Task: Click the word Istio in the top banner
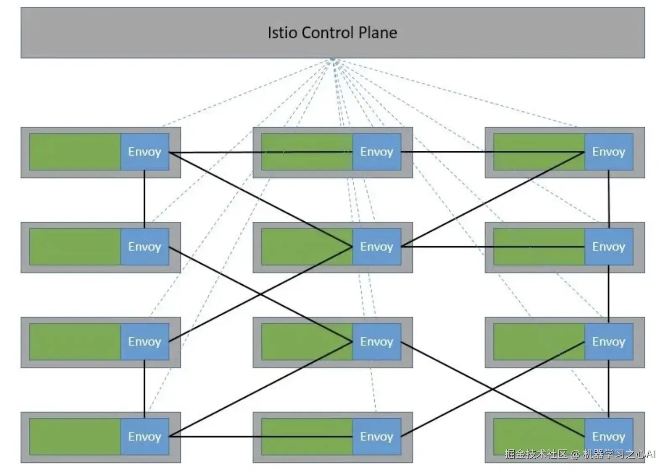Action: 282,33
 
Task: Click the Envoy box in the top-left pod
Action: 145,152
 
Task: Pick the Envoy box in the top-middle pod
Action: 377,152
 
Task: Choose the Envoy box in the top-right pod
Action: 609,152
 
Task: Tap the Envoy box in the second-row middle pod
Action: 377,247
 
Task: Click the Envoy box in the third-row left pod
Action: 145,342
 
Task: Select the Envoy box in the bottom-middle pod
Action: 377,437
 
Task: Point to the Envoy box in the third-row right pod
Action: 609,342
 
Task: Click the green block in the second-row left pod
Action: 75,247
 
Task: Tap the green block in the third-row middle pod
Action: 307,342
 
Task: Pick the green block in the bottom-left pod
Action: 75,437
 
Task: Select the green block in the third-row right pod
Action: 539,342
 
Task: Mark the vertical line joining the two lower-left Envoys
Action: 145,388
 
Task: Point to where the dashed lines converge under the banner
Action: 333,60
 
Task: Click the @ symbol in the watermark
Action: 575,454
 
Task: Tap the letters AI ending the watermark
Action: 650,454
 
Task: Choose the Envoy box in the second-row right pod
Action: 609,247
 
